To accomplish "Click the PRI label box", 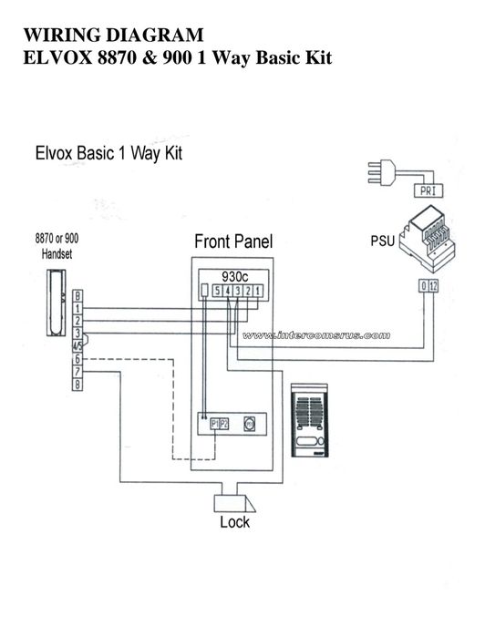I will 428,190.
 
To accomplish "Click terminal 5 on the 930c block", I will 216,291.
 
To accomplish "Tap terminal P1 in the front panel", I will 215,424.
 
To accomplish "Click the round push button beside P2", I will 249,424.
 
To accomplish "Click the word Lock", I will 234,523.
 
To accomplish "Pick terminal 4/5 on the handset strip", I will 78,347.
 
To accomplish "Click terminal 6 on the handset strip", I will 78,360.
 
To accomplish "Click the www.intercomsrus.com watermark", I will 325,334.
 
